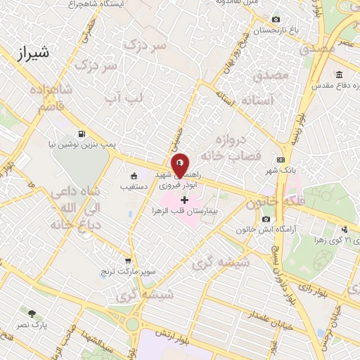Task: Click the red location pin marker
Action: click(x=180, y=164)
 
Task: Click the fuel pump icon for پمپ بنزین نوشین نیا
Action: click(x=83, y=133)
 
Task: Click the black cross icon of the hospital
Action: click(x=185, y=200)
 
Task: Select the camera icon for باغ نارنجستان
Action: click(x=276, y=19)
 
